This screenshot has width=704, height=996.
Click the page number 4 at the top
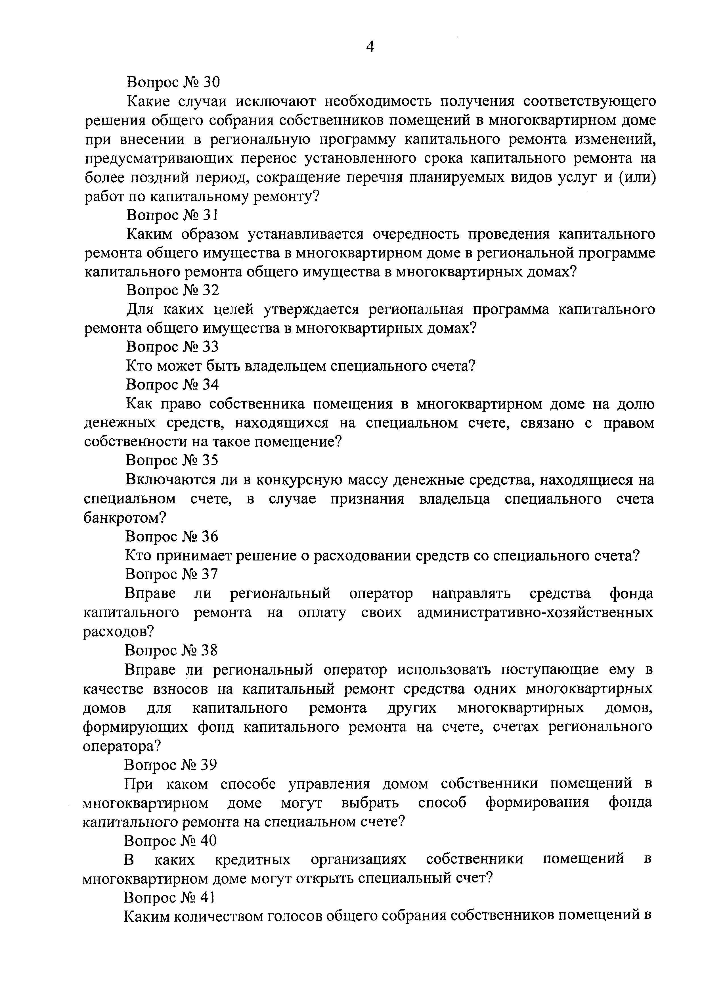pyautogui.click(x=370, y=46)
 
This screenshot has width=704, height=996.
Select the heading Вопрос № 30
pyautogui.click(x=173, y=81)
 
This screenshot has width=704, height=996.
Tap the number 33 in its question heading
pyautogui.click(x=210, y=347)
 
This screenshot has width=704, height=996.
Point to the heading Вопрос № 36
pyautogui.click(x=172, y=537)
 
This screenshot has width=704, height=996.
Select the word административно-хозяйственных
pyautogui.click(x=535, y=612)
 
